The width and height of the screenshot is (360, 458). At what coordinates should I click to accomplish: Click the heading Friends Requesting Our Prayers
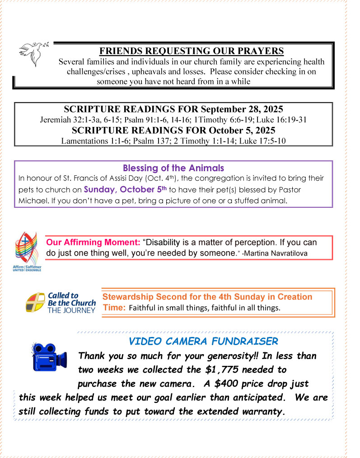point(192,51)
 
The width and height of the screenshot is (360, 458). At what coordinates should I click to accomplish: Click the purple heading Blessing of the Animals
point(173,168)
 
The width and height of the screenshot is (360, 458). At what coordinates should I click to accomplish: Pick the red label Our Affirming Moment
point(94,243)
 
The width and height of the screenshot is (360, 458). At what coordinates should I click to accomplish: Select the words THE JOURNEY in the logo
point(72,310)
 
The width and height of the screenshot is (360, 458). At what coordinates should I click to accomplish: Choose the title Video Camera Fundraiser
point(203,341)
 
